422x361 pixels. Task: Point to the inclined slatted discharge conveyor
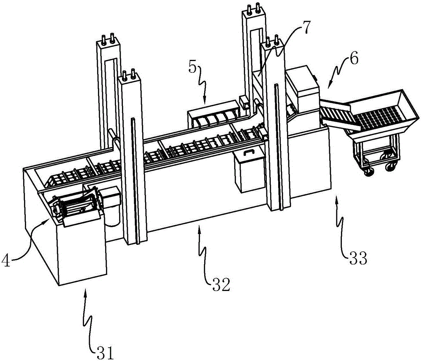click(337, 116)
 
